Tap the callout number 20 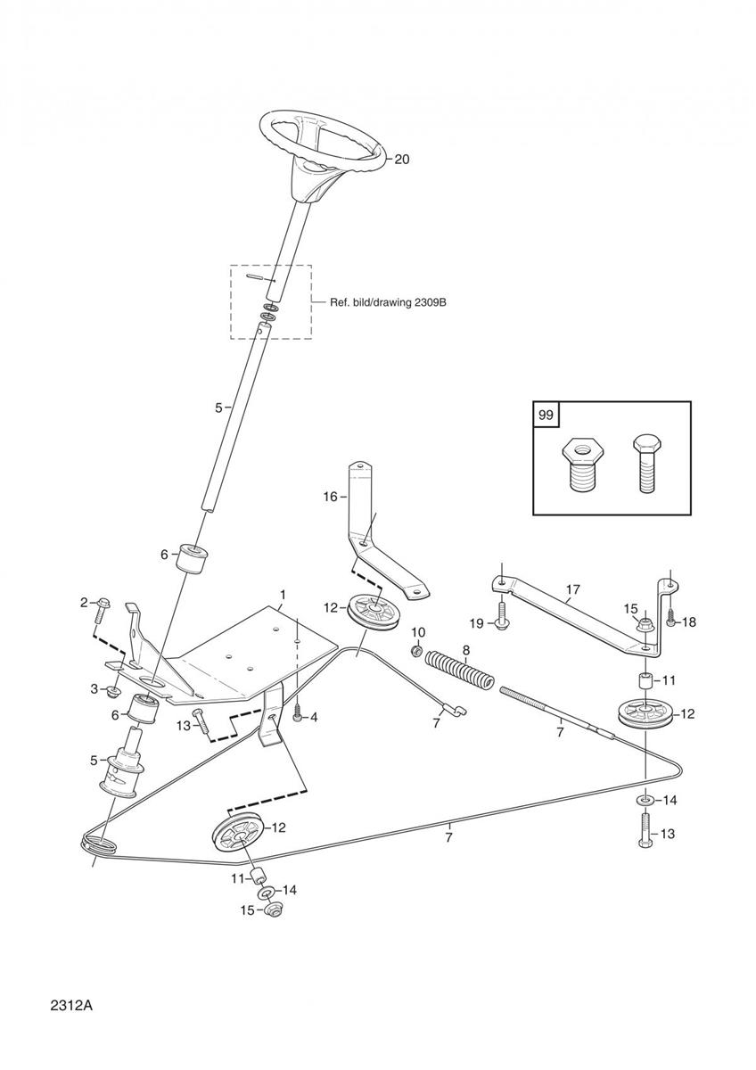tap(402, 160)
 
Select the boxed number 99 tap(544, 415)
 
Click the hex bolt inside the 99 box tap(647, 463)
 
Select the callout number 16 tap(330, 497)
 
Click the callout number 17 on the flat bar tap(572, 588)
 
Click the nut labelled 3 tap(113, 690)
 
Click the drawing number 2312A tap(72, 1006)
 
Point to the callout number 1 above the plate tap(283, 594)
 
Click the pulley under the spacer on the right tap(644, 715)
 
